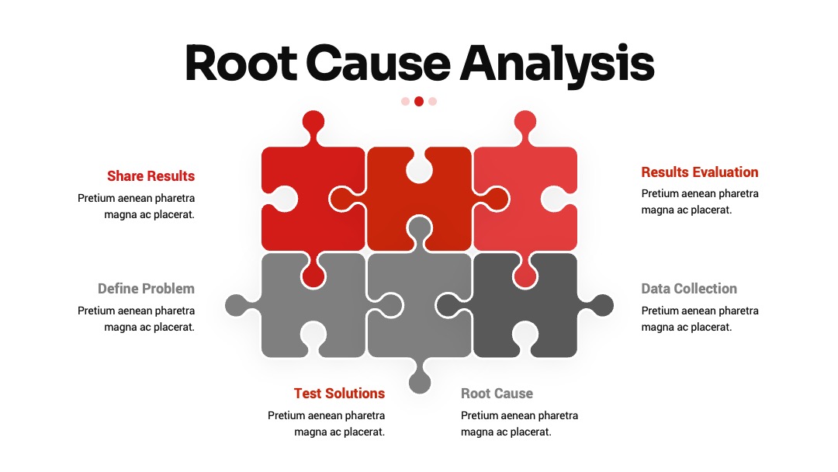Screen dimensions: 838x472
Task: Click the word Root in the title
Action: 241,64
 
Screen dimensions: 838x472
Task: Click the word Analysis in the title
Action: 557,65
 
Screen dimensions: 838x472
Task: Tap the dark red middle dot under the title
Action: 419,101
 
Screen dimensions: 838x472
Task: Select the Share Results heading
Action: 151,176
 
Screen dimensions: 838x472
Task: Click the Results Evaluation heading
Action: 700,172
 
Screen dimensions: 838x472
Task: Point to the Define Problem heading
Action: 146,289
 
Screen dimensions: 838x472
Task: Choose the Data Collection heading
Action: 689,289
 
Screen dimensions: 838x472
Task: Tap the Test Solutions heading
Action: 339,394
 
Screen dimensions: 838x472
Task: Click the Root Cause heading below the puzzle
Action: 497,394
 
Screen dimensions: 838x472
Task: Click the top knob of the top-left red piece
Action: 313,122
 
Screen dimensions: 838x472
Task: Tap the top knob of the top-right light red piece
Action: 525,122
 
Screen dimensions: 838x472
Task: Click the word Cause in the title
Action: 379,64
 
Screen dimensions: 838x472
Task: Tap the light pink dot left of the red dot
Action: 405,101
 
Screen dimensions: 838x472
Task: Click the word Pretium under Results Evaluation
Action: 660,193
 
